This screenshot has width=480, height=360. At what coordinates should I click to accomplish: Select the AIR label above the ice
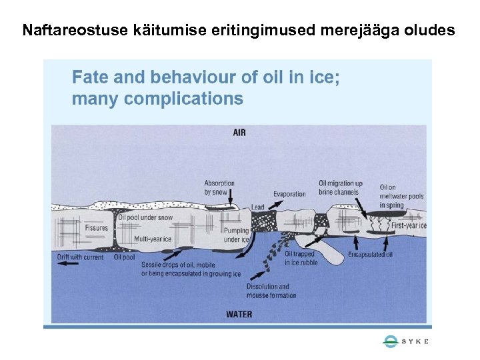pyautogui.click(x=239, y=132)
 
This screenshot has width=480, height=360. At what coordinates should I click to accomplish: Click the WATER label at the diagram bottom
pyautogui.click(x=239, y=314)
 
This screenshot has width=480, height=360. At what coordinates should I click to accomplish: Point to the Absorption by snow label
pyautogui.click(x=219, y=187)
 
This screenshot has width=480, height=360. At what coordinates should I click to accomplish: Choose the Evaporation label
pyautogui.click(x=289, y=194)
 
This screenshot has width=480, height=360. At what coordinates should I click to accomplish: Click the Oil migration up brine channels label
pyautogui.click(x=340, y=188)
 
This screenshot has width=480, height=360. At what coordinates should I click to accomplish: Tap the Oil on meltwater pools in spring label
pyautogui.click(x=401, y=196)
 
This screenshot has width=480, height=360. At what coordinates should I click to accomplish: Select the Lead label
pyautogui.click(x=257, y=207)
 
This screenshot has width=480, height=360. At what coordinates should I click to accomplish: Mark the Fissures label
pyautogui.click(x=96, y=228)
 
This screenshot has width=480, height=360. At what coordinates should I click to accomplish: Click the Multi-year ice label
pyautogui.click(x=153, y=238)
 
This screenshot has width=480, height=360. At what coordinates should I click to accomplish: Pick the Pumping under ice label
pyautogui.click(x=237, y=235)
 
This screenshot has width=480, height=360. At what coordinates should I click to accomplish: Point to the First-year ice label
pyautogui.click(x=408, y=226)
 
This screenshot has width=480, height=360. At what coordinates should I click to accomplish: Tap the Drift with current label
pyautogui.click(x=80, y=257)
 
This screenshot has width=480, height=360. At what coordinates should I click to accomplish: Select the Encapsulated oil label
pyautogui.click(x=370, y=254)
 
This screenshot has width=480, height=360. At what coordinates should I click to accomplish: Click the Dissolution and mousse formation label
pyautogui.click(x=271, y=291)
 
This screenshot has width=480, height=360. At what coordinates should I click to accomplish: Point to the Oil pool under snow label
pyautogui.click(x=145, y=217)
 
